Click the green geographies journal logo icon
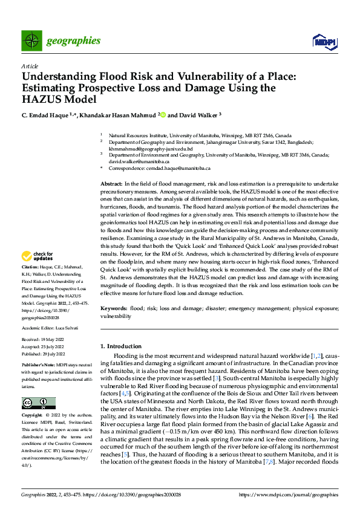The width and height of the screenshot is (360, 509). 31,41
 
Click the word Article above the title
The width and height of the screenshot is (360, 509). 30,66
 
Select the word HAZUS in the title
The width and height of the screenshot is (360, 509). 45,100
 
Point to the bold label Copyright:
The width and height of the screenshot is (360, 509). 33,417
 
